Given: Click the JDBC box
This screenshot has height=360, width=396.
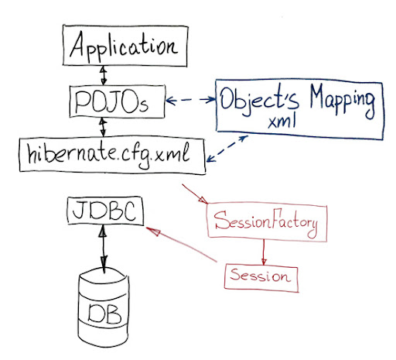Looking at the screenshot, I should pyautogui.click(x=105, y=211).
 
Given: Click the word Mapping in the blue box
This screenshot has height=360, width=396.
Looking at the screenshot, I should pyautogui.click(x=333, y=101).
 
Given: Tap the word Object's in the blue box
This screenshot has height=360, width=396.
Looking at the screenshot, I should pyautogui.click(x=254, y=101).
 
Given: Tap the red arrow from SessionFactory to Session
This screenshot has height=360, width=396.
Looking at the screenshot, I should pyautogui.click(x=265, y=249).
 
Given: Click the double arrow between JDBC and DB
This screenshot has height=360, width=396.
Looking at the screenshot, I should pyautogui.click(x=102, y=248).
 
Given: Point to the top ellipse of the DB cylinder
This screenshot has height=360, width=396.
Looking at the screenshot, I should pyautogui.click(x=101, y=277).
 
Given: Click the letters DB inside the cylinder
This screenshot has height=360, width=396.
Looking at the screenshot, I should pyautogui.click(x=102, y=313).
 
